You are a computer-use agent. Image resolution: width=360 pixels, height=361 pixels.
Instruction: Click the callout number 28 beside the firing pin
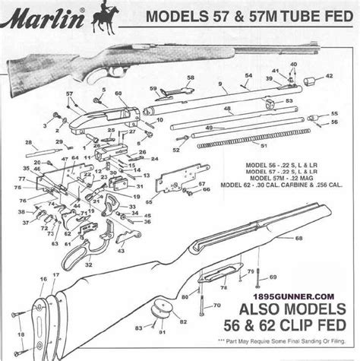coord(27,142)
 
